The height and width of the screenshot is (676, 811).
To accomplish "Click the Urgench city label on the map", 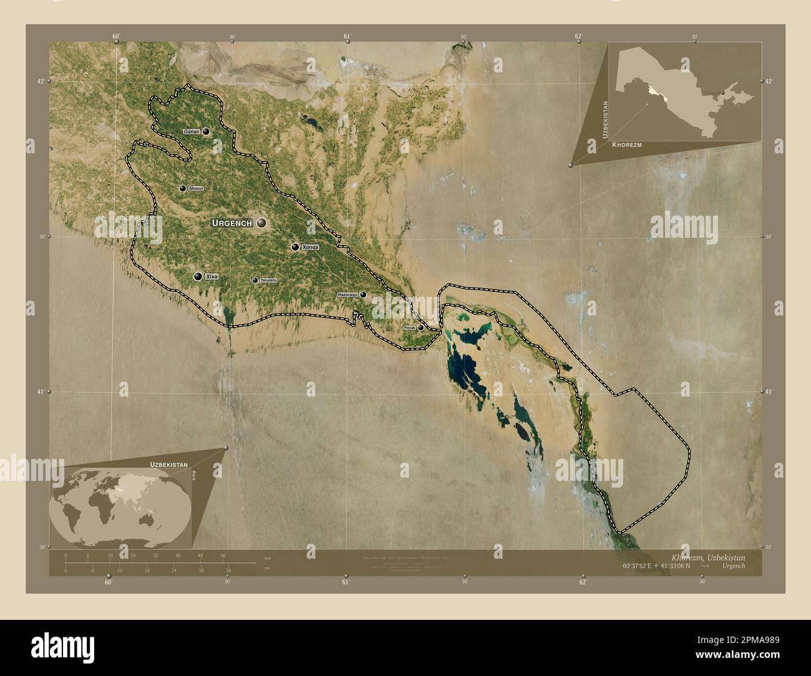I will tap(231, 223).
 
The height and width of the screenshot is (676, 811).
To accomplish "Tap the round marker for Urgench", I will tap(260, 223).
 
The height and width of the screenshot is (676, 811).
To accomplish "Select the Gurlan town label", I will tap(192, 132).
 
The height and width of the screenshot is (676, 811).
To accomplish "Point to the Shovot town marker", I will tap(183, 188).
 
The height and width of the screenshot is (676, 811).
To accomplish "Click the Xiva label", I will tap(212, 276).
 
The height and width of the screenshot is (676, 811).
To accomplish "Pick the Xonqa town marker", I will tap(295, 247).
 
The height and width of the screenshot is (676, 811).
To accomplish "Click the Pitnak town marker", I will tap(421, 327).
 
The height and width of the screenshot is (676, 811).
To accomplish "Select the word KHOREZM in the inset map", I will tap(627, 145).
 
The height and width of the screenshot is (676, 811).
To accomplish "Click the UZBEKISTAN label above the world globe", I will tap(168, 465).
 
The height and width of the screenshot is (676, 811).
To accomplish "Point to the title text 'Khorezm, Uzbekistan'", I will tap(707, 556).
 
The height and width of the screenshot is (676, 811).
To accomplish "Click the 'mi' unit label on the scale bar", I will tap(268, 569).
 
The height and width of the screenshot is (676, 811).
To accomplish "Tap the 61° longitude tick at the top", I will tap(347, 37).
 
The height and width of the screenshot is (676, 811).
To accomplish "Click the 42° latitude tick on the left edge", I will tap(41, 81).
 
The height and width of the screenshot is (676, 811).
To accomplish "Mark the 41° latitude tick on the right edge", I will tap(768, 392).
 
